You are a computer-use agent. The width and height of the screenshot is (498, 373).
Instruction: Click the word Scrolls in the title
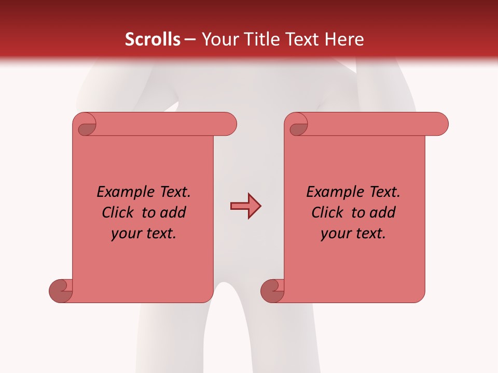coord(153,39)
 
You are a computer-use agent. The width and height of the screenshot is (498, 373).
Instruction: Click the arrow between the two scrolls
coord(245,206)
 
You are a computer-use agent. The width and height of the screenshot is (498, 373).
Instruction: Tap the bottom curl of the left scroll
coord(61,291)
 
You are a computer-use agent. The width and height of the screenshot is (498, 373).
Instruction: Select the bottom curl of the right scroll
coord(273,291)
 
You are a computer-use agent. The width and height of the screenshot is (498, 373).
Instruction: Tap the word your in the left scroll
coord(124,234)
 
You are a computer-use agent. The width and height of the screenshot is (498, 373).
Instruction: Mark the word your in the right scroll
coord(334,234)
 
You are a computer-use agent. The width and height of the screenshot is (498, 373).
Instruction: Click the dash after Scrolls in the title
coord(190,39)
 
